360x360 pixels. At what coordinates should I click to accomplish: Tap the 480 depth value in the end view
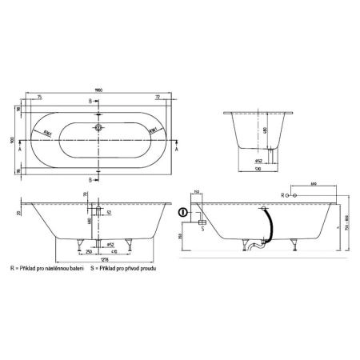click(x=265, y=131)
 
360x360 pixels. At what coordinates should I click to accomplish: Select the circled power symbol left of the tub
click(x=183, y=212)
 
